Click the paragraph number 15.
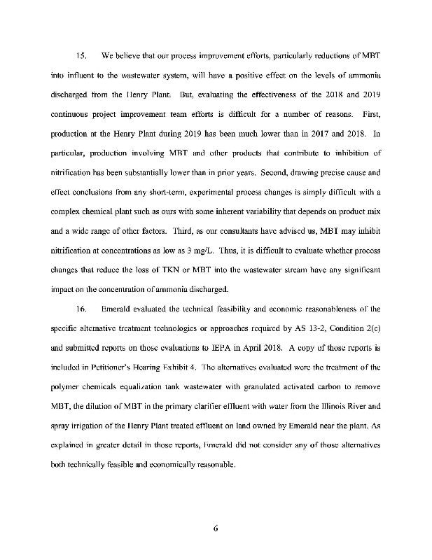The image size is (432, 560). (x=80, y=55)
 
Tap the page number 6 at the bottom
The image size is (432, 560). (x=216, y=528)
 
